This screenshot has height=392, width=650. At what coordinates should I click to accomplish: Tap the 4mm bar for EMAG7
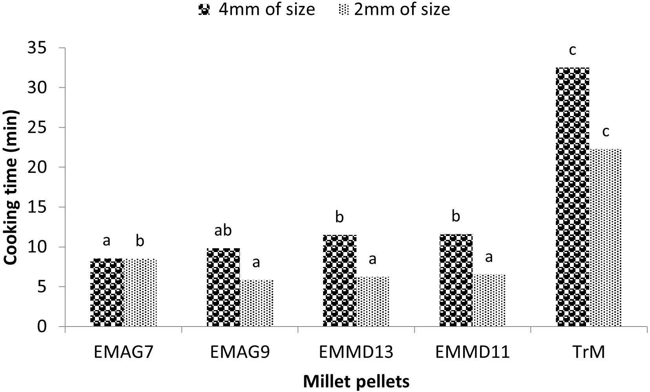pos(107,292)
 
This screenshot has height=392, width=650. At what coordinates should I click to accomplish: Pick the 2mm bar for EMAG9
pos(256,303)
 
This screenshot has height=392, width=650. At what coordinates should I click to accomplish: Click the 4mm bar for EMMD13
pos(340,280)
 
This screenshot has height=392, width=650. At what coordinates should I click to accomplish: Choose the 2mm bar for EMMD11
pos(489,300)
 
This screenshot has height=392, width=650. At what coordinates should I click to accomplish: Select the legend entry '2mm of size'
pos(394,9)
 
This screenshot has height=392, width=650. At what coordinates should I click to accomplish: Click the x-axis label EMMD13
pos(356,352)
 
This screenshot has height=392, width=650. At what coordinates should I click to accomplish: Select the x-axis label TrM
pos(589,352)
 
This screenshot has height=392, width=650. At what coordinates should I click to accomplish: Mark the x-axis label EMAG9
pos(240,352)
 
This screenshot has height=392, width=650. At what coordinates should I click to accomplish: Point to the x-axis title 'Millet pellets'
pos(356,381)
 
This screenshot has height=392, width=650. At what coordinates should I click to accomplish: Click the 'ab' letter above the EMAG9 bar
pos(223,230)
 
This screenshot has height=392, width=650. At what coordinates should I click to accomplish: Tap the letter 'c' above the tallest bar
pos(572,50)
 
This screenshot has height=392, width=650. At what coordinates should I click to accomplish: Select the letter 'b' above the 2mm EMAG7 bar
pos(140,241)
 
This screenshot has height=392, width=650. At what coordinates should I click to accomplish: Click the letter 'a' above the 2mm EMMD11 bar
pos(489,258)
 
